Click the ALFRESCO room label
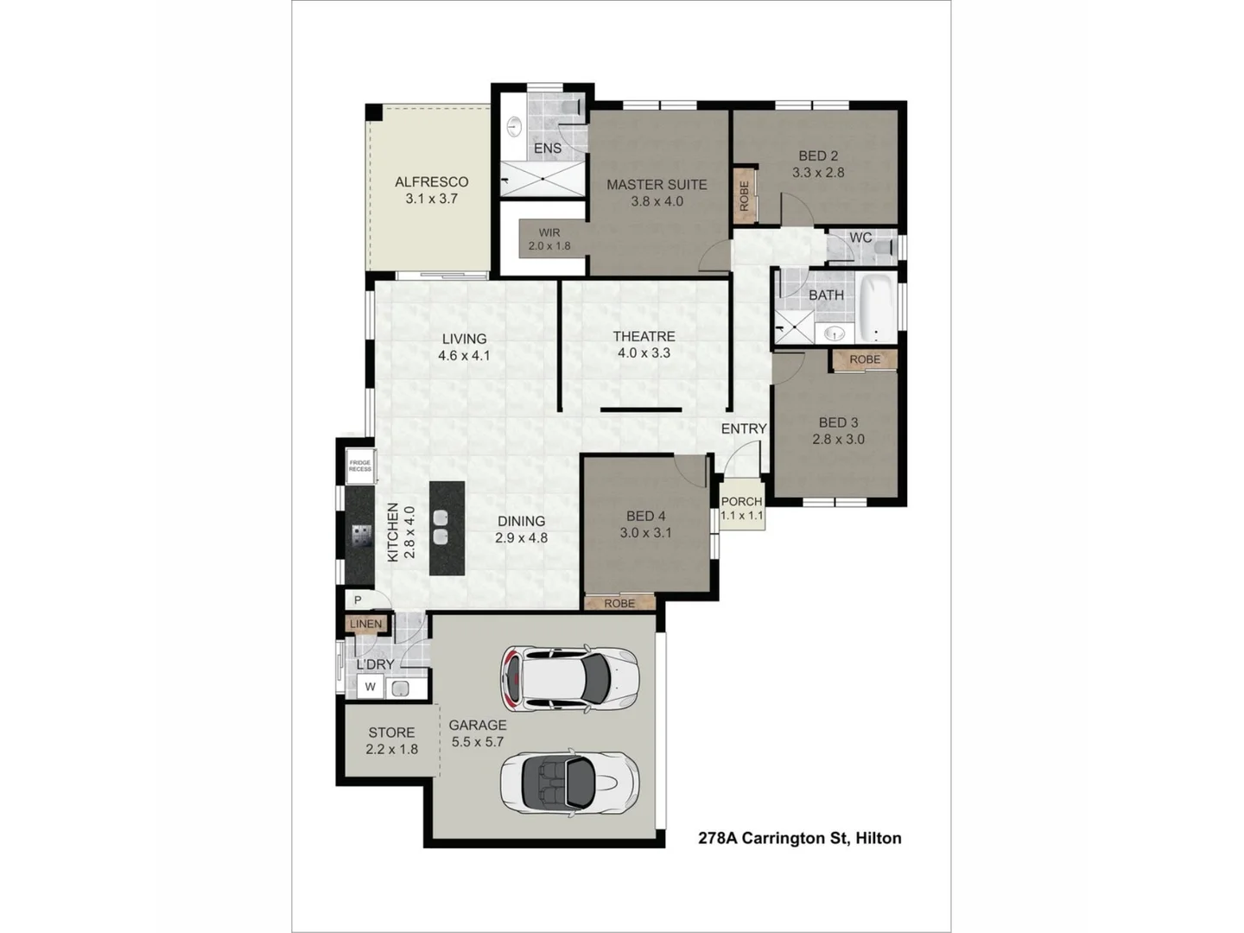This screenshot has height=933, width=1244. point(431,181)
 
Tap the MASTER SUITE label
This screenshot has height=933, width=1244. point(657,184)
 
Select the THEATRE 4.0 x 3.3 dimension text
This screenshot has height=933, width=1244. point(644,352)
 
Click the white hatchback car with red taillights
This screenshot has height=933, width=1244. point(569,678)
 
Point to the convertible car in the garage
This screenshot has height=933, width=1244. point(569,780)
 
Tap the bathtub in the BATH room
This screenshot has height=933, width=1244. point(877,308)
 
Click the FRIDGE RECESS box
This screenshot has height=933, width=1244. point(360,466)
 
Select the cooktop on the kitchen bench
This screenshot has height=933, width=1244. point(361,540)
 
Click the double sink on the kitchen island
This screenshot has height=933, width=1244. point(441,528)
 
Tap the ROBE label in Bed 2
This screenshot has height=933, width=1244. point(744,195)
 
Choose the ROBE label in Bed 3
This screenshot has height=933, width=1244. point(865,359)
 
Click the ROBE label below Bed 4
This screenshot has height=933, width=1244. point(619,603)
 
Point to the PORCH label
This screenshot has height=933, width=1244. point(741,501)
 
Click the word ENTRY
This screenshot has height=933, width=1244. point(744,428)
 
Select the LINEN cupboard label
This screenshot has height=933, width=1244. point(366,624)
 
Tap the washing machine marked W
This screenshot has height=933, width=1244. point(371,688)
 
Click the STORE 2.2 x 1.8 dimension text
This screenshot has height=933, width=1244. point(391,749)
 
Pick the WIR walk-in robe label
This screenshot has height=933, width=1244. point(549,232)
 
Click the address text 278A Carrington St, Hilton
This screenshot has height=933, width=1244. point(799,838)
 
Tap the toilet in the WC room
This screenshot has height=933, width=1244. point(881,250)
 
